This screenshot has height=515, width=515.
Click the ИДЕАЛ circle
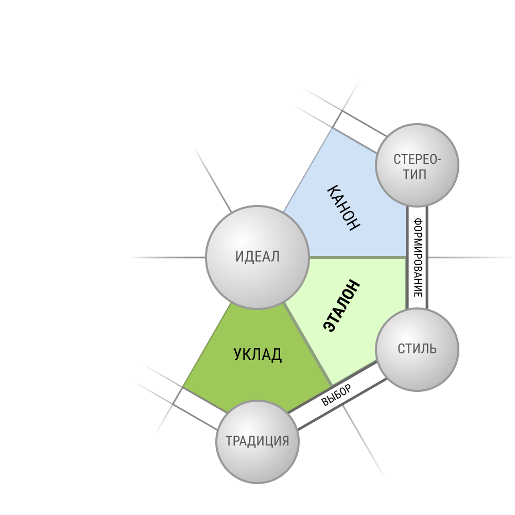(257, 257)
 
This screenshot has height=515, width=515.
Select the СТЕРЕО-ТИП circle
(417, 165)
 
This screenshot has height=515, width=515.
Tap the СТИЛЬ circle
(417, 350)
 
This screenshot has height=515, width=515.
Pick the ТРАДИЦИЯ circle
(257, 442)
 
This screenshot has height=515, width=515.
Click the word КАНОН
(344, 208)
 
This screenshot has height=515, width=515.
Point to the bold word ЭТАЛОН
(341, 306)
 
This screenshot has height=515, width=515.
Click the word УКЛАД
(257, 355)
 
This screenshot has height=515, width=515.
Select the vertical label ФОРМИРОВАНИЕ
(418, 257)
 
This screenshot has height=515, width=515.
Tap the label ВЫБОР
(336, 395)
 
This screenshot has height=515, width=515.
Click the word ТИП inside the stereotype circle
(415, 175)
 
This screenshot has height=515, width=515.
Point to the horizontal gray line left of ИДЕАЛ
(167, 257)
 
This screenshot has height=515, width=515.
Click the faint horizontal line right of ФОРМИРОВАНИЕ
(471, 257)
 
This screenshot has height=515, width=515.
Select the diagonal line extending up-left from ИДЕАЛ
(213, 179)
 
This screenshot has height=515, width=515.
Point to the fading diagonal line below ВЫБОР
(364, 442)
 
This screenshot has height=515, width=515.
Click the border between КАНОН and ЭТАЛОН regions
(358, 257)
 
